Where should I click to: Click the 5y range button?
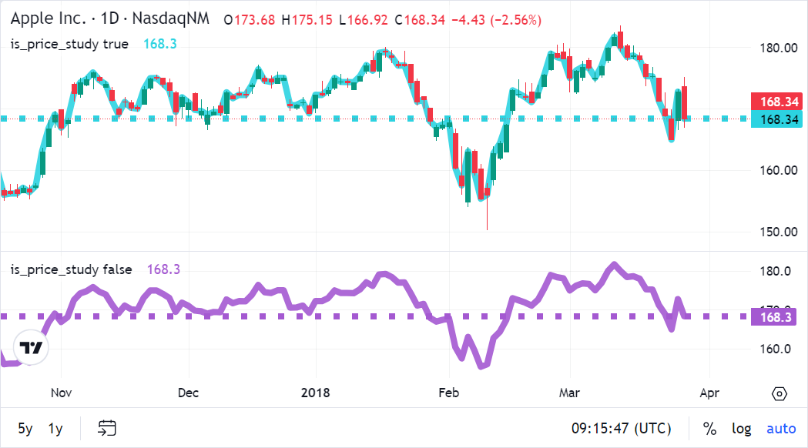pos(25,428)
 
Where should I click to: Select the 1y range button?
pos(55,428)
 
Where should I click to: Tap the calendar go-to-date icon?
pos(107,428)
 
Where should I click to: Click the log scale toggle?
pos(741,428)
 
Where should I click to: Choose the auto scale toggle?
pos(781,428)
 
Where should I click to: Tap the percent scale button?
pos(709,428)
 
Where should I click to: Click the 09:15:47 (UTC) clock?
pos(621,428)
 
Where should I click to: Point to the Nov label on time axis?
pos(61,393)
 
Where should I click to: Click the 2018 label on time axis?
pos(316,393)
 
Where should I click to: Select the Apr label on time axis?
pos(709,393)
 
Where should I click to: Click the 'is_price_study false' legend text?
pos(71,269)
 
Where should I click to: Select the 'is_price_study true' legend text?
pos(69,44)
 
